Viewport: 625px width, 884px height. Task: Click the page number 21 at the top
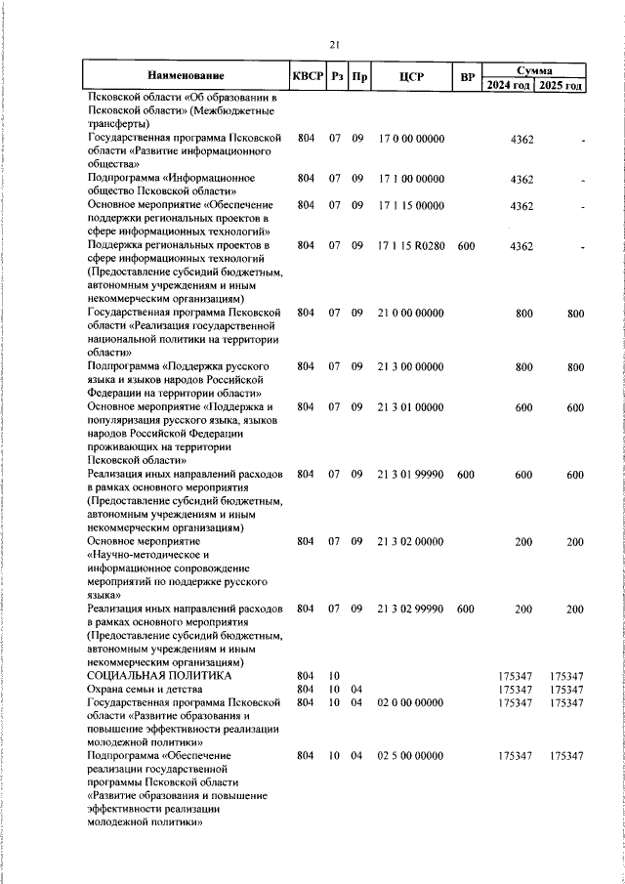point(334,44)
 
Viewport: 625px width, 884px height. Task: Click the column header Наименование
point(186,76)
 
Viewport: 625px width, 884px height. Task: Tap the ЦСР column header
point(410,76)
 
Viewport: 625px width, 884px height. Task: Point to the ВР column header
point(467,76)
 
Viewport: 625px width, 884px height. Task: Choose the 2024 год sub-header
point(509,85)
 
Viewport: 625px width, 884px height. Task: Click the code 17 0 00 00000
point(410,139)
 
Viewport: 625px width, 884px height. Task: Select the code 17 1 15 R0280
point(410,246)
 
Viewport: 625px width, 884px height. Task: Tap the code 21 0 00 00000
point(410,313)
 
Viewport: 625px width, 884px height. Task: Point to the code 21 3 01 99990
point(410,474)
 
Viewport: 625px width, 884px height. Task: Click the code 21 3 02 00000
point(410,541)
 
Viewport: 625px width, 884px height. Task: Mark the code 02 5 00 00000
point(410,756)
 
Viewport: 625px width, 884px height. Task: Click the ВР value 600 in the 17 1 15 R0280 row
point(466,246)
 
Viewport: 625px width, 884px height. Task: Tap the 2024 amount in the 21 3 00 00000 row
point(524,366)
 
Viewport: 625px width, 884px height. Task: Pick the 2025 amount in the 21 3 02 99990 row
point(575,609)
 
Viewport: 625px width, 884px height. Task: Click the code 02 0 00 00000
point(410,702)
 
